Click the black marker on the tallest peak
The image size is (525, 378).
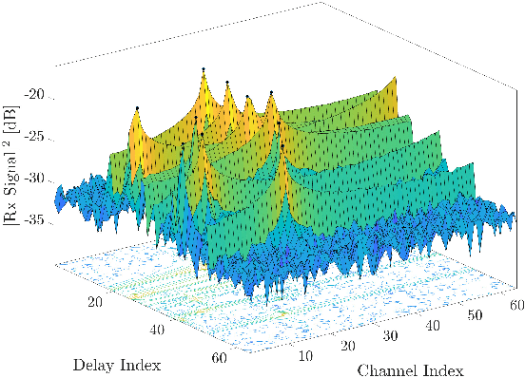click(204, 68)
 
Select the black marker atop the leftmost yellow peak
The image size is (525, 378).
click(137, 107)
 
